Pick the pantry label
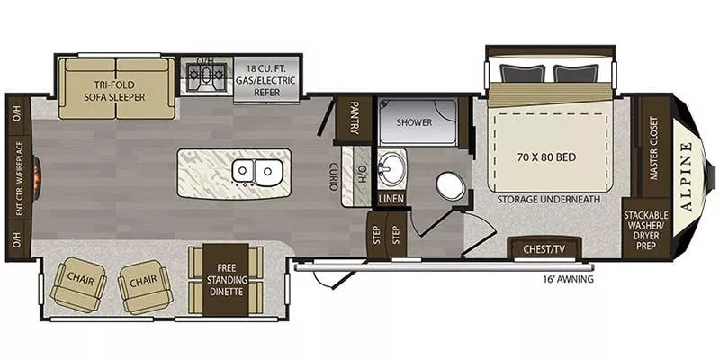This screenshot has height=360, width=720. click(354, 118)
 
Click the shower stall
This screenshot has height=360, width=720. click(415, 121)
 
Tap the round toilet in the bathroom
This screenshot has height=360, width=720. click(449, 186)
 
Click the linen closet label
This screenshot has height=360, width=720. click(391, 198)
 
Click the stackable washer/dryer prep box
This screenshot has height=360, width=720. click(646, 229)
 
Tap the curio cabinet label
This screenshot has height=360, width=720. click(333, 175)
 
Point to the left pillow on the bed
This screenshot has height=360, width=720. click(524, 73)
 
